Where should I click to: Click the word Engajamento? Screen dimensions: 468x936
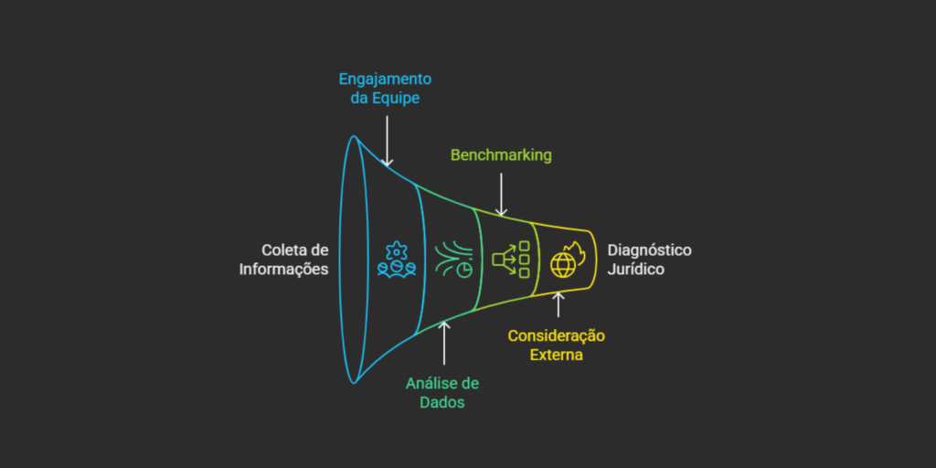pyautogui.click(x=385, y=79)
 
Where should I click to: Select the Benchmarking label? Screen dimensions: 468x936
pyautogui.click(x=501, y=154)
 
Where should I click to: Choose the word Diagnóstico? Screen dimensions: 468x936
pyautogui.click(x=650, y=250)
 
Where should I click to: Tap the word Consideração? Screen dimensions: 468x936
pyautogui.click(x=557, y=335)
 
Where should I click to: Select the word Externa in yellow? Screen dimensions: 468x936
pyautogui.click(x=557, y=354)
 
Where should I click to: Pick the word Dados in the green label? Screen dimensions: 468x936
pyautogui.click(x=442, y=401)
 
